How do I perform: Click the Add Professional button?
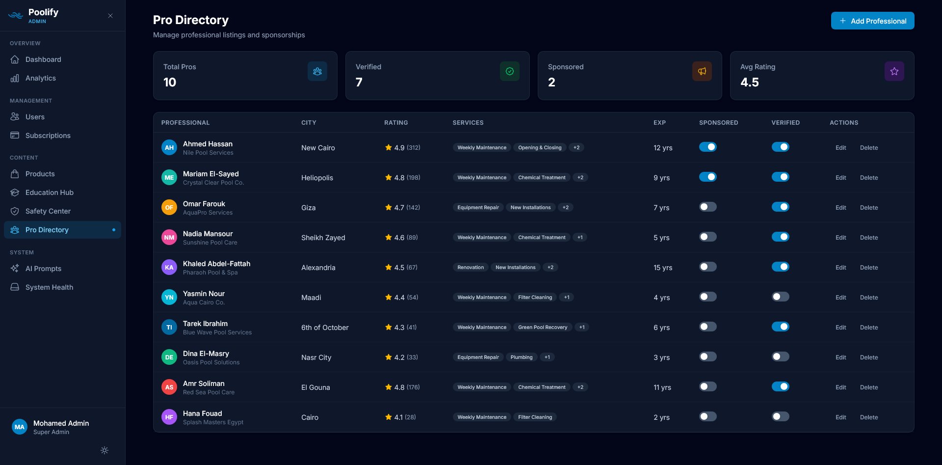click(x=872, y=21)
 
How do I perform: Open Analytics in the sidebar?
click(x=40, y=78)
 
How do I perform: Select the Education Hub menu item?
click(x=49, y=192)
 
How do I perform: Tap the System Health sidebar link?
click(x=49, y=287)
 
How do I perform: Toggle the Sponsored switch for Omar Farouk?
click(x=707, y=207)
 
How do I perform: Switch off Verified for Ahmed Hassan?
click(x=780, y=147)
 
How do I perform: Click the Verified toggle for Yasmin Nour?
click(x=780, y=297)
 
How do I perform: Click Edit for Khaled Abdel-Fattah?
click(x=840, y=268)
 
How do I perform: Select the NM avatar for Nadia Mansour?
click(x=169, y=238)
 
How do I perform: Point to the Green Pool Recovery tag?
click(x=542, y=327)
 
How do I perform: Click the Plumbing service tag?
click(x=521, y=357)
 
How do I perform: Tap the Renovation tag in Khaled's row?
click(x=470, y=267)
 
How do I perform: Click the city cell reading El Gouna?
click(x=315, y=387)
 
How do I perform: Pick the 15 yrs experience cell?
click(x=662, y=268)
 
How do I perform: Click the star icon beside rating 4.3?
click(x=388, y=327)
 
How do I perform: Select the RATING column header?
click(x=395, y=122)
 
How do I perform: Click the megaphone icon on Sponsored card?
click(x=702, y=71)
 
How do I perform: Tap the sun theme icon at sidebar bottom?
click(x=105, y=450)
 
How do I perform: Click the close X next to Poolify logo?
click(x=110, y=16)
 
